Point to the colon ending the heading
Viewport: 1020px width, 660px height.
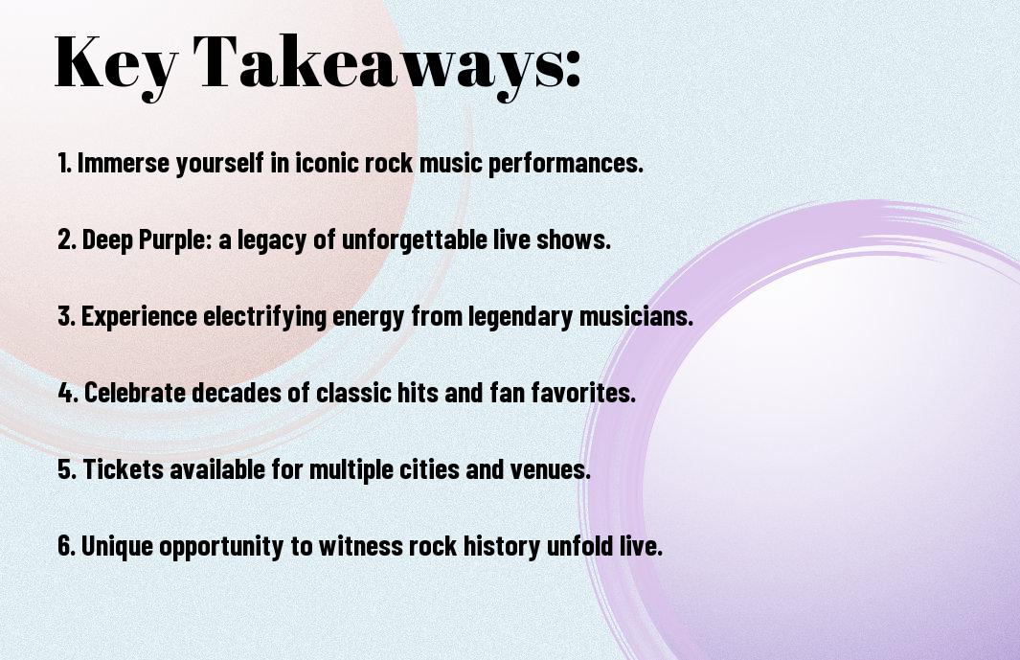573,69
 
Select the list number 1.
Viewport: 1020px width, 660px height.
64,163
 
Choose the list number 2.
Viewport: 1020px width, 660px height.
67,239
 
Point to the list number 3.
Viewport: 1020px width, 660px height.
67,316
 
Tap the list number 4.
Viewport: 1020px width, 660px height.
68,393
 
